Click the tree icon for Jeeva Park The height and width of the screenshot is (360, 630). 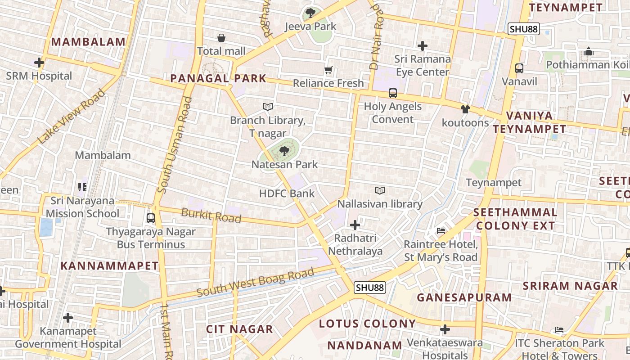point(310,13)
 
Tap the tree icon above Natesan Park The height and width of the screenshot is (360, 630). point(284,151)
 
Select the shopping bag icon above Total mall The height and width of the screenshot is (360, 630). point(221,38)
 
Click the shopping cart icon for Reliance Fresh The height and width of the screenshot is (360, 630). point(328,70)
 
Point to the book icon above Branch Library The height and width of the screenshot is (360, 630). point(268,107)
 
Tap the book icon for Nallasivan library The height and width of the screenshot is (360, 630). point(380,191)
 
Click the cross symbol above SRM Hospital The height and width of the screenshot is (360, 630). point(39,63)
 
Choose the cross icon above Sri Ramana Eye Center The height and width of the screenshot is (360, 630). point(422,45)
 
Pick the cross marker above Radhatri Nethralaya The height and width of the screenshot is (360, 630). point(355,225)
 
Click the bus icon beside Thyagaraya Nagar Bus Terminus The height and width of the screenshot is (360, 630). point(151,218)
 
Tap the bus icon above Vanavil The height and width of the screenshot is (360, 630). point(519,68)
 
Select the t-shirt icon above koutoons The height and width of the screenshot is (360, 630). point(465,109)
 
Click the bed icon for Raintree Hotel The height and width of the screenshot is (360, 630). point(441,231)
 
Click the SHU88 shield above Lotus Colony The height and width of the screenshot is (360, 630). point(370,287)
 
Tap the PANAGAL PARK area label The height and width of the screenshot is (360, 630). point(218,78)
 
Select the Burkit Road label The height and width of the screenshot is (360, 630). point(211,216)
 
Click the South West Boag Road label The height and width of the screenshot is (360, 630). point(255,283)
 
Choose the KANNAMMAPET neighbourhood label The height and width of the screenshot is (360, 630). point(109,265)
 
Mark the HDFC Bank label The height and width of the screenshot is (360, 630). point(287,193)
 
